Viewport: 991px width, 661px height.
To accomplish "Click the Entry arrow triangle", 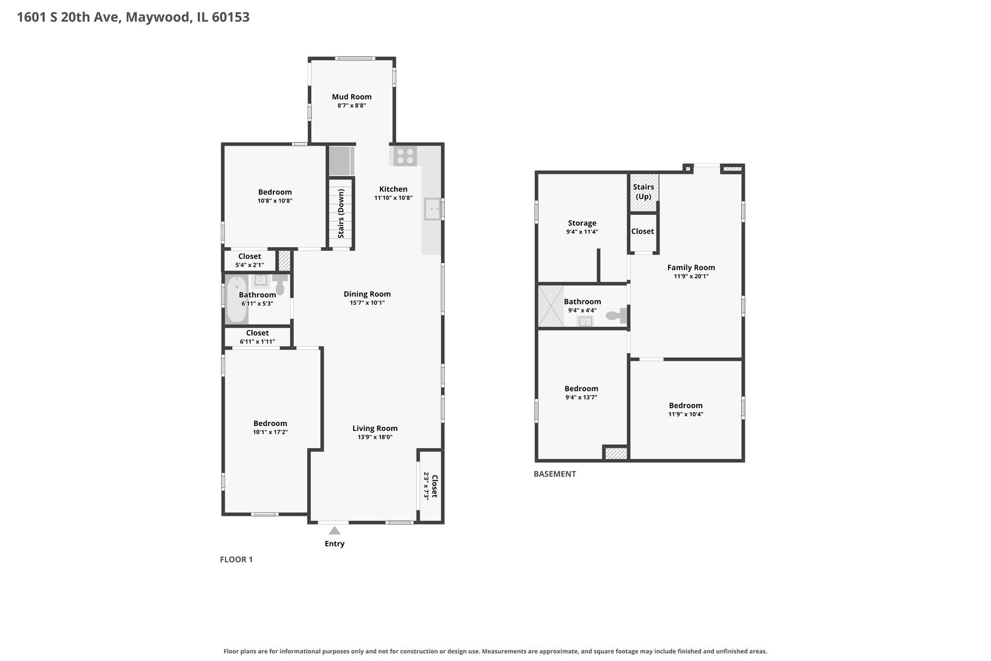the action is click(x=335, y=531).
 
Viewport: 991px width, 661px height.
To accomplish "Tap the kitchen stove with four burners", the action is click(x=405, y=156).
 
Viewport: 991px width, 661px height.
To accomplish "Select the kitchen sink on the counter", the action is click(x=432, y=209).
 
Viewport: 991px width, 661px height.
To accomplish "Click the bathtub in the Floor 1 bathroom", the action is click(x=237, y=299).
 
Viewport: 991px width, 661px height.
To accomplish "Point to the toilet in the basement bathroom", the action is click(x=617, y=315).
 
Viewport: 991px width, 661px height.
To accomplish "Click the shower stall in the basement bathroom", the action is click(x=551, y=306).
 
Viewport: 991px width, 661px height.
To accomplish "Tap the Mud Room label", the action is click(x=352, y=97).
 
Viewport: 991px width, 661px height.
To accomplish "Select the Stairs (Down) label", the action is click(x=341, y=214).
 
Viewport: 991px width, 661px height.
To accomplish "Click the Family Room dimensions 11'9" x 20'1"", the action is click(x=691, y=276).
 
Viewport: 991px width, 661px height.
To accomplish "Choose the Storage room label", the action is click(x=582, y=223).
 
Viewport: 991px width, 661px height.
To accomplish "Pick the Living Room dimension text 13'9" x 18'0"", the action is click(x=375, y=437).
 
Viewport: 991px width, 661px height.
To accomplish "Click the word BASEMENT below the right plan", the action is click(x=555, y=474).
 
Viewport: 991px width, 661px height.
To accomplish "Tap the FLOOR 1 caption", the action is click(x=236, y=559).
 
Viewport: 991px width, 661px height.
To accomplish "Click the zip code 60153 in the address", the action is click(x=231, y=17).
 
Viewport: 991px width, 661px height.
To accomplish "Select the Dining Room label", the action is click(x=367, y=294).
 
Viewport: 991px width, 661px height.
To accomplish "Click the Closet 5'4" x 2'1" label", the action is click(x=250, y=260).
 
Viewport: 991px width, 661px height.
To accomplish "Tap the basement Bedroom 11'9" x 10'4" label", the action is click(x=686, y=409).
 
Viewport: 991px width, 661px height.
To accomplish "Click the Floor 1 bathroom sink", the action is click(x=260, y=280).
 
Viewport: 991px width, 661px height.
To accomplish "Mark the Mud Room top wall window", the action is click(x=355, y=58).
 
